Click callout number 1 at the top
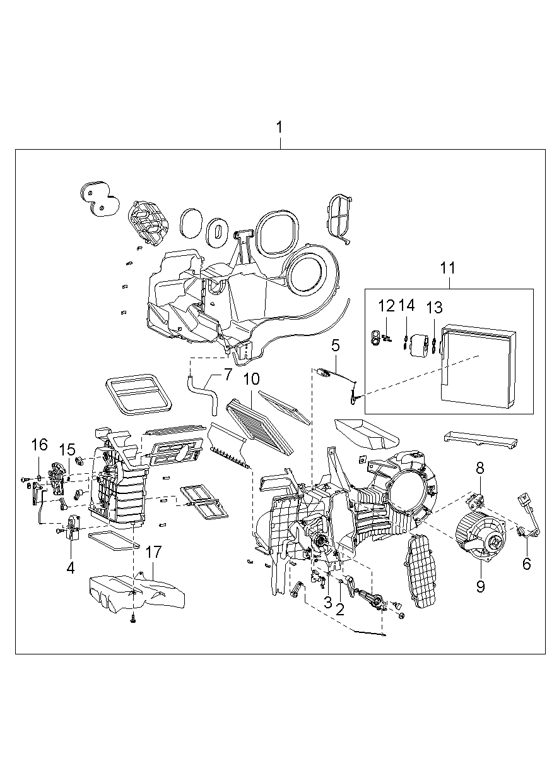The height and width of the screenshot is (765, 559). coord(279,128)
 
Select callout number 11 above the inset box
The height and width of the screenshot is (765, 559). coord(448,268)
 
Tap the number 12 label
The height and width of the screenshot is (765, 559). coord(386,306)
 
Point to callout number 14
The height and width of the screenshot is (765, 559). coord(407,305)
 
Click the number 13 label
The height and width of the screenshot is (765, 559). coord(434,308)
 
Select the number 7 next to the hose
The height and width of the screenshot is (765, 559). coord(228,375)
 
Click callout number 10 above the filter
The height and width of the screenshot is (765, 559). coord(251,379)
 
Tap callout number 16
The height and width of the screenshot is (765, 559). coord(40,445)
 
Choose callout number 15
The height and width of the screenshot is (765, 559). coord(67,450)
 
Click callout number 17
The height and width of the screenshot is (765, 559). coord(154,552)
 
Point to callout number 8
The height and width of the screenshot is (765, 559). coord(480,468)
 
